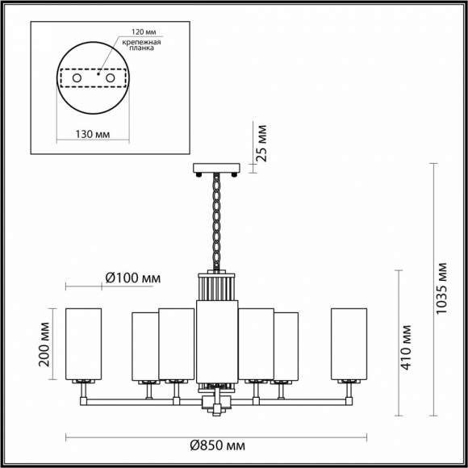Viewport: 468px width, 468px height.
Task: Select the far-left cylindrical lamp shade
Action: click(x=84, y=342)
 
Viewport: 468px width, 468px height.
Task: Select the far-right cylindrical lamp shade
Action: click(x=349, y=342)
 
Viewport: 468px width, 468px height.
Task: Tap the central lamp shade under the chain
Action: click(x=217, y=339)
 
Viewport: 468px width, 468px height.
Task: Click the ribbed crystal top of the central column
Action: click(x=217, y=287)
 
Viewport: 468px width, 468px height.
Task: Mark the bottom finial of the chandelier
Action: click(x=217, y=408)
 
